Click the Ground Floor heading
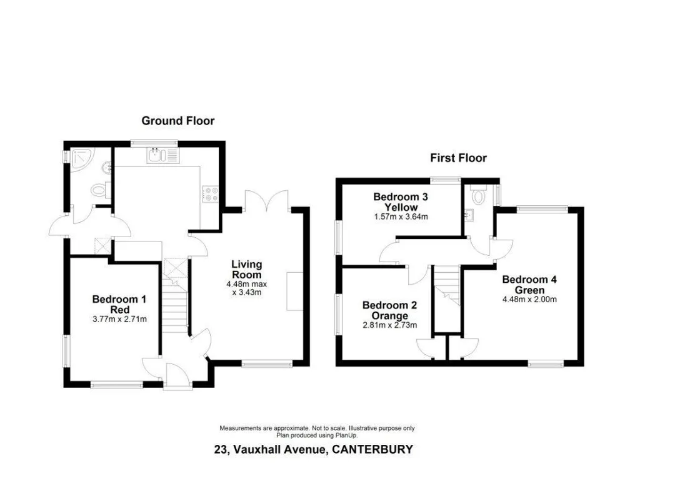[177, 121]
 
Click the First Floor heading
[459, 158]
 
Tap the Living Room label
[247, 270]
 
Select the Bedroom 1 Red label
[119, 304]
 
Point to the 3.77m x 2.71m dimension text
[119, 319]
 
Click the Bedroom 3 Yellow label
[401, 202]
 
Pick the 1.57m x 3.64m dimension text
[401, 217]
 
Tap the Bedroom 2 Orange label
[389, 310]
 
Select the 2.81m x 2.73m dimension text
[389, 325]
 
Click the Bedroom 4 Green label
[529, 285]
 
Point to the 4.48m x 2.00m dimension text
[529, 299]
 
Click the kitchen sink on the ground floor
[162, 156]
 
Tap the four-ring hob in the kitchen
[211, 194]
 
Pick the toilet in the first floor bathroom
[478, 195]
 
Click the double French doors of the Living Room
[267, 201]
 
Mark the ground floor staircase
[175, 295]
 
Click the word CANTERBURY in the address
[373, 450]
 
